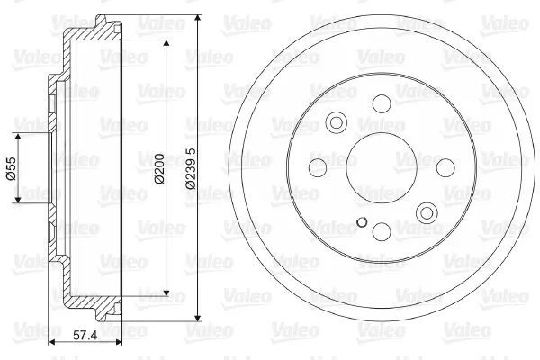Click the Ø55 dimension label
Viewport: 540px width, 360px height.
pos(12,168)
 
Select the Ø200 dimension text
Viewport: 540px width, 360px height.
pos(159,169)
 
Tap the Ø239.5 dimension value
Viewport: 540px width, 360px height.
pos(191,168)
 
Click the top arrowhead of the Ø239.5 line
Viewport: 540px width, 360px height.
pos(198,19)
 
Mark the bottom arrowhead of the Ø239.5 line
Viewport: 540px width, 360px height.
pos(198,318)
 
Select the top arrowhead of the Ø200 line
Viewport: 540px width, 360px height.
pos(166,44)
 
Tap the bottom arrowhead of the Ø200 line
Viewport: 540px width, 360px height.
pos(166,292)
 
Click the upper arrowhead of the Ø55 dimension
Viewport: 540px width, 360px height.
pos(18,137)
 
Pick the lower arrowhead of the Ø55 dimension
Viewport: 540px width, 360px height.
pos(18,199)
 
